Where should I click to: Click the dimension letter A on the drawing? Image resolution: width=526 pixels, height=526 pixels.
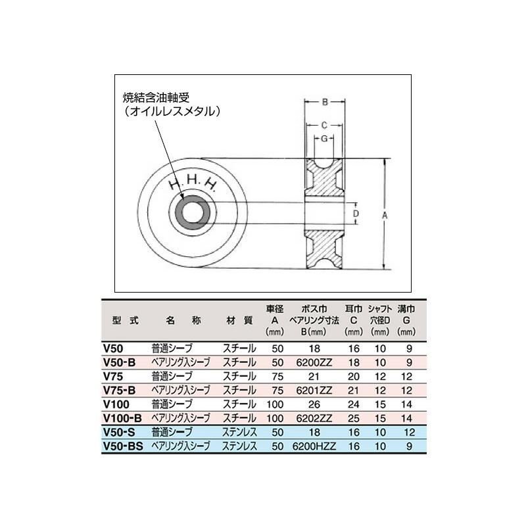[x=385, y=214]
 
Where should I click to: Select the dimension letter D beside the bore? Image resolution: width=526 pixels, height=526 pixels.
[x=355, y=214]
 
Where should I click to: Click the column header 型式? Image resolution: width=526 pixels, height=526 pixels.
[x=126, y=321]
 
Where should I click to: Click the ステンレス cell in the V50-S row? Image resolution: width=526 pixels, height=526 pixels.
[x=241, y=432]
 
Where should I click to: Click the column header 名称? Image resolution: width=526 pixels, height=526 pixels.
[x=179, y=321]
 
